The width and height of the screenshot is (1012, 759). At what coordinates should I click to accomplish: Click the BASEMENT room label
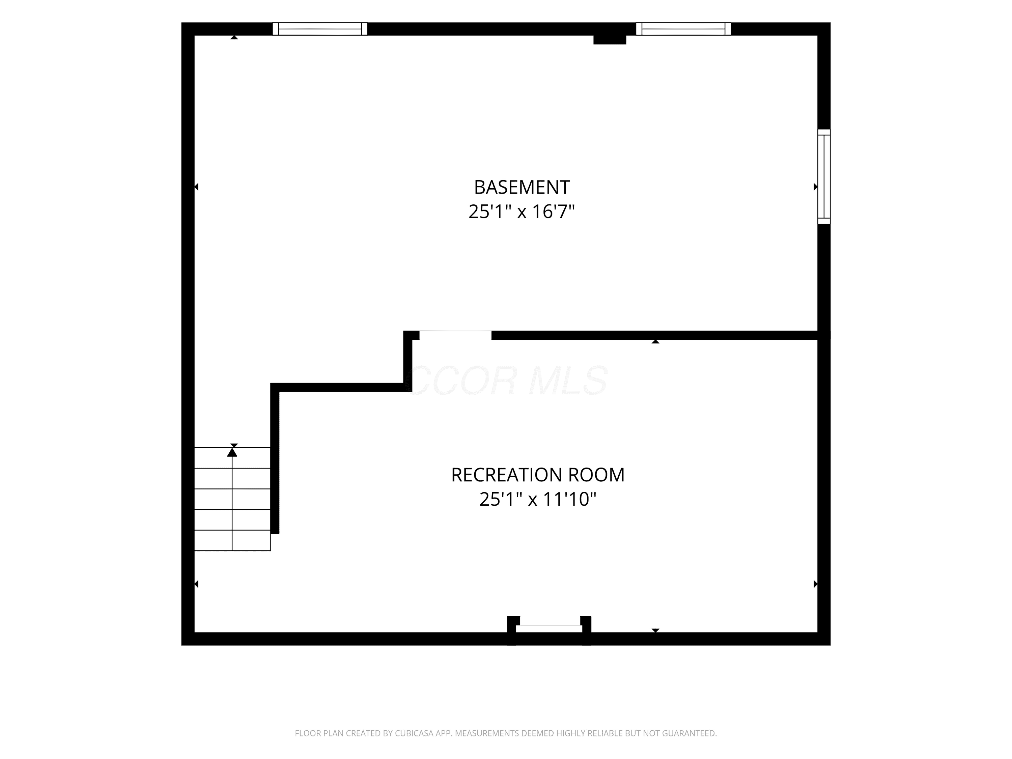(x=522, y=187)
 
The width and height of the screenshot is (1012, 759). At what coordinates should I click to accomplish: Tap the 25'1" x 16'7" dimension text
(x=522, y=212)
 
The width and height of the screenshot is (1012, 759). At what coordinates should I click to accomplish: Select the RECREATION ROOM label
(x=538, y=475)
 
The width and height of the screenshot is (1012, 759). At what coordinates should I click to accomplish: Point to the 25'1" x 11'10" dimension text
(x=538, y=499)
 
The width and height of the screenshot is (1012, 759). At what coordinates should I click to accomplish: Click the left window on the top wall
(x=320, y=29)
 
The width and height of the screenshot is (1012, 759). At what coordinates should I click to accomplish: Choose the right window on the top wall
(x=683, y=29)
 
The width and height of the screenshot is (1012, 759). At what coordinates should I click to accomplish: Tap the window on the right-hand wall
(x=824, y=177)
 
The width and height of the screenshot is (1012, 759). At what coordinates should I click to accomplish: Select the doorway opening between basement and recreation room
(x=455, y=335)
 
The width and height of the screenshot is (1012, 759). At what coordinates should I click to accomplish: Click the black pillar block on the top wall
(x=610, y=39)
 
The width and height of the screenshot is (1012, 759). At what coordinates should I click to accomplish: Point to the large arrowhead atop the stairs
(x=232, y=452)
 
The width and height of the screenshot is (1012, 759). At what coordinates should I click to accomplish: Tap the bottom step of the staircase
(x=232, y=540)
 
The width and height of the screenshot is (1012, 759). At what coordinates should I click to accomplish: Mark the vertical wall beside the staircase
(x=275, y=458)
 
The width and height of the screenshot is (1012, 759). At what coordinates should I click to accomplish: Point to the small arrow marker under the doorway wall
(x=655, y=341)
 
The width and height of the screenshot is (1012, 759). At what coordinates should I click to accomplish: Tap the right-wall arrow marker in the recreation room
(x=815, y=584)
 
